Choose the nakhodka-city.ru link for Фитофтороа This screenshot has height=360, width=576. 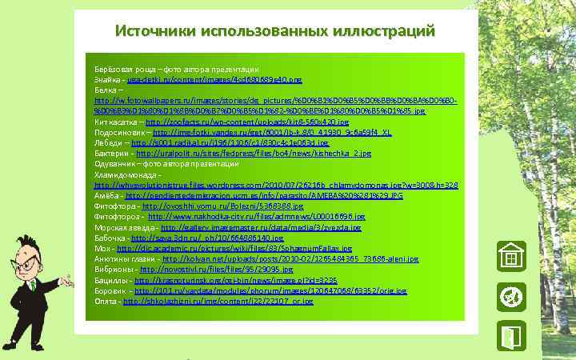point(256,216)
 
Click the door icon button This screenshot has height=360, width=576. point(508,336)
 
